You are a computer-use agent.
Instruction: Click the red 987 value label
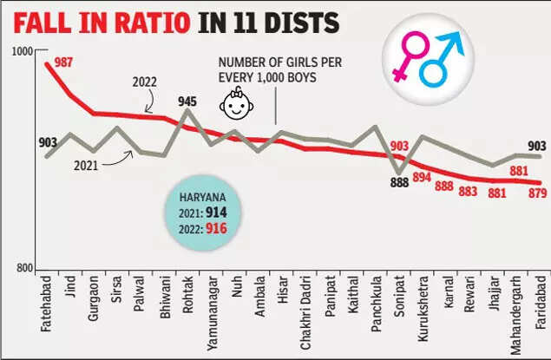[64, 62]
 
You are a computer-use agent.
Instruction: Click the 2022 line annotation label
[144, 82]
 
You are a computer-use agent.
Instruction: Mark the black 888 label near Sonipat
[400, 182]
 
